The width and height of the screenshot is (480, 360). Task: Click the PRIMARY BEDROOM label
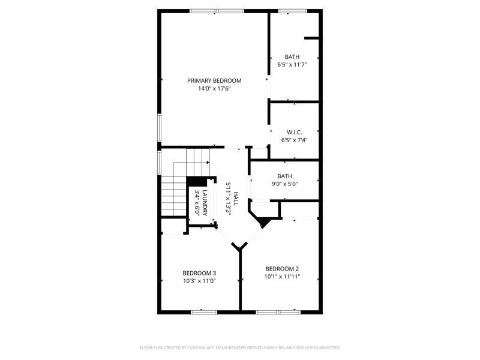point(214,80)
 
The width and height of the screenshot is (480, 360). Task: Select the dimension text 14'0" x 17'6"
point(214,89)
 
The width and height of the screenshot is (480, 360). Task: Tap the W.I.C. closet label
point(294,131)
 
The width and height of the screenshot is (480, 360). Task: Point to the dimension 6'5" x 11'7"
point(292,65)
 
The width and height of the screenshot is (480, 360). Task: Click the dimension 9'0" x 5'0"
point(284,184)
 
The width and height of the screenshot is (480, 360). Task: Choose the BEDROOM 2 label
point(282,268)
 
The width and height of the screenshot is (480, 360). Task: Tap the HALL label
point(236,199)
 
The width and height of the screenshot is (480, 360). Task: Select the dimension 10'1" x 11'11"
point(282,277)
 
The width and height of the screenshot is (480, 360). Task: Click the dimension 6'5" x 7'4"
point(294,140)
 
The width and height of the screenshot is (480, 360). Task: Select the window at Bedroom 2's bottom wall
point(278,311)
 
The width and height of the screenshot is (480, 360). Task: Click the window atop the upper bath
point(292,11)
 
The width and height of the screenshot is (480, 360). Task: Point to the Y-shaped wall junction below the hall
point(240,247)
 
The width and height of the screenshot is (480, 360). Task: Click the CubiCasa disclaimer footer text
point(240,347)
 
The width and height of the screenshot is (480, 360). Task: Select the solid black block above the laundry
point(196,182)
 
